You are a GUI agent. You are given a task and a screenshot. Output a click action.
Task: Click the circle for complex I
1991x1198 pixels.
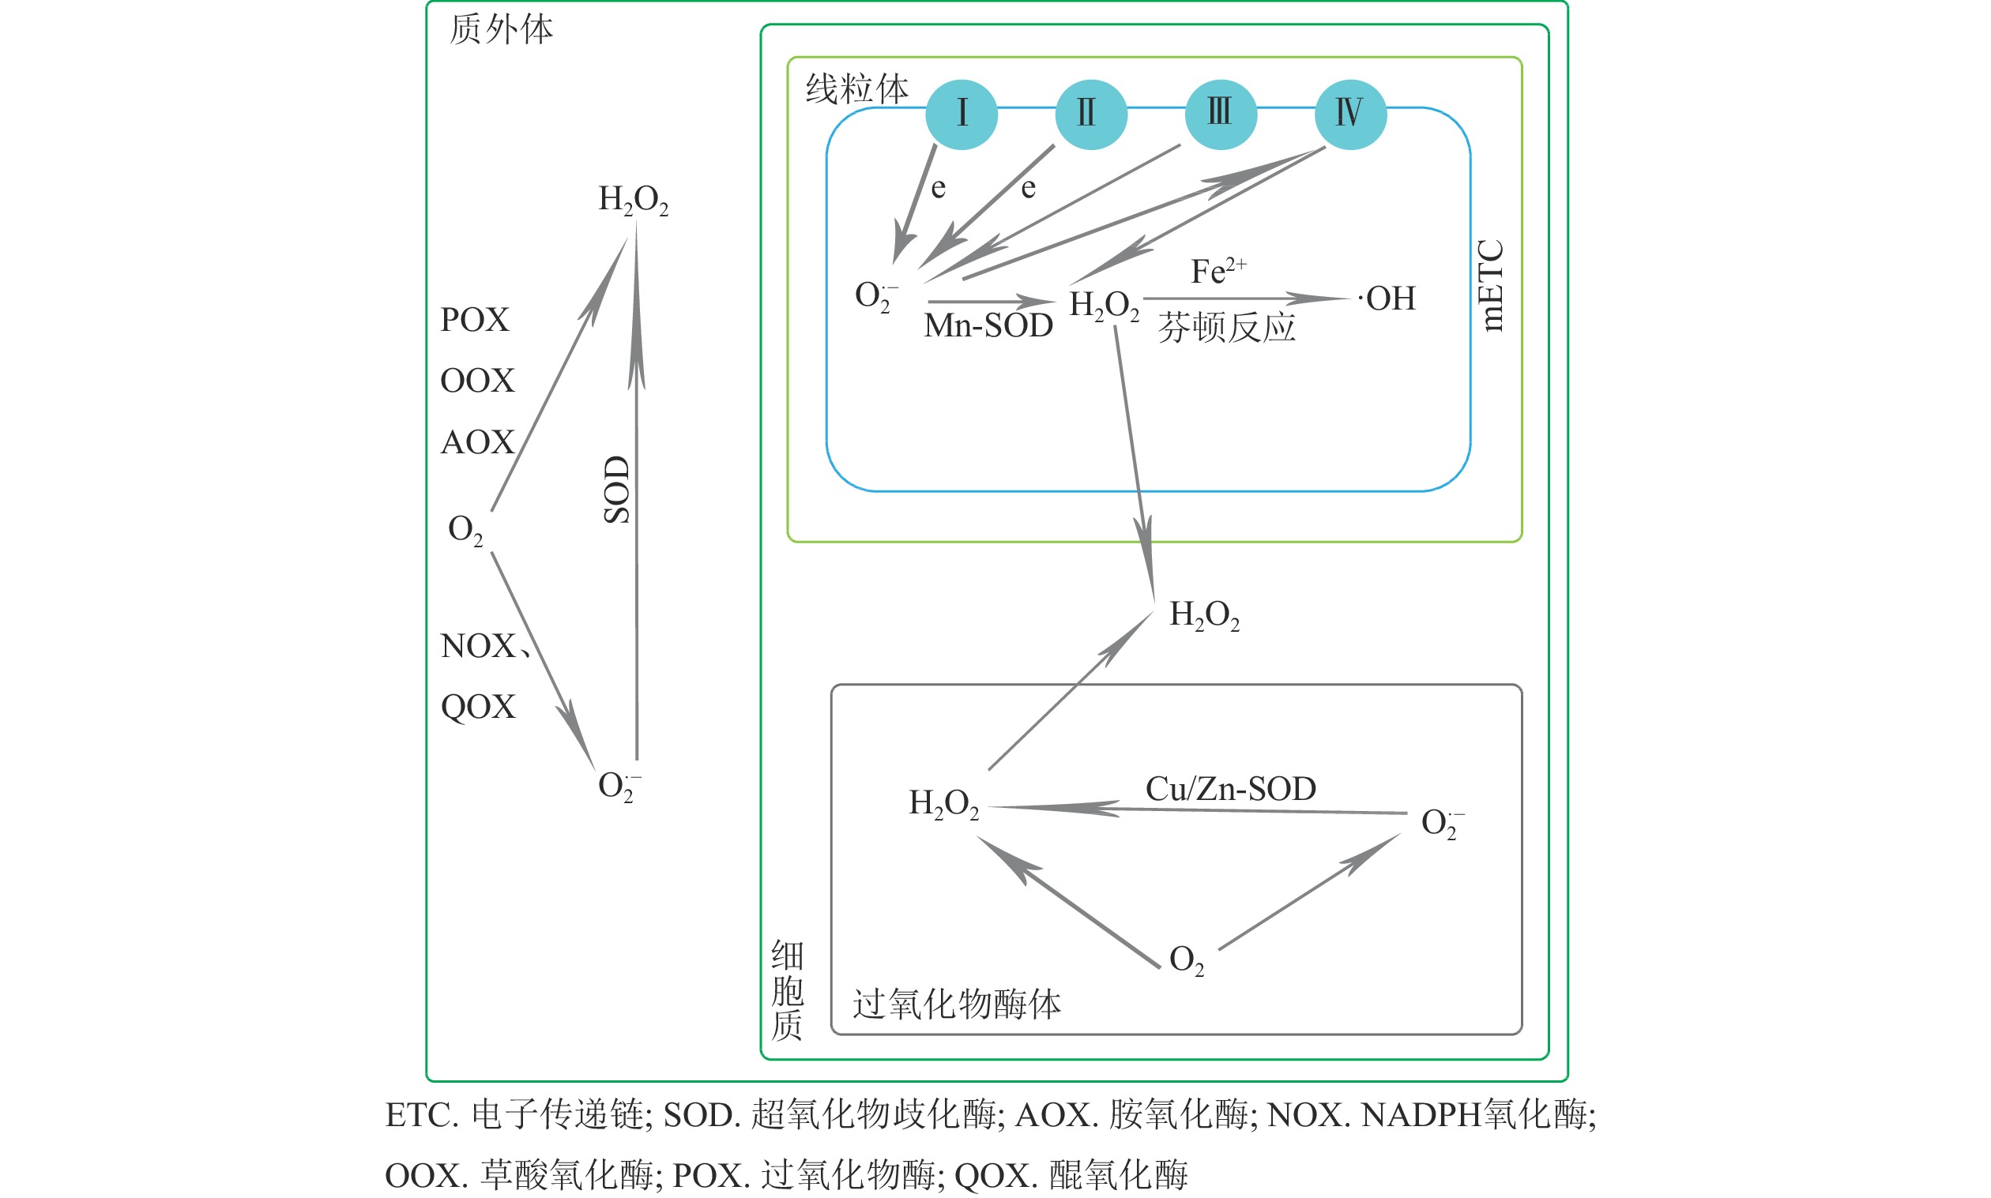coord(961,115)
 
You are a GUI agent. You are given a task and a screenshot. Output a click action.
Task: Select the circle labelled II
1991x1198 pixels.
coord(1091,115)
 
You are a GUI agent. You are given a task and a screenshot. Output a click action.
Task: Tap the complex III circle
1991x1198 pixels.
coord(1221,115)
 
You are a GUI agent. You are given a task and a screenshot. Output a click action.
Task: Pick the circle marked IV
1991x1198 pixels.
coord(1351,115)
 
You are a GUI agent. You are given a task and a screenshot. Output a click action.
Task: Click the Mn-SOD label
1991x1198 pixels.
coord(988,325)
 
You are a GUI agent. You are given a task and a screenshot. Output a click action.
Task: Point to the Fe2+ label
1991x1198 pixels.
coord(1218,270)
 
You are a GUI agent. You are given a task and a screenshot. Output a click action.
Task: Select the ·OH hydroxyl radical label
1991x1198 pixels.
coord(1387,299)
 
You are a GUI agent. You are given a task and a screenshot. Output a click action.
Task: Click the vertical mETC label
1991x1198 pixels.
coord(1490,285)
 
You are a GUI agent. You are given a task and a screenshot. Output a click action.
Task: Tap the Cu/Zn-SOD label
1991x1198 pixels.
coord(1230,789)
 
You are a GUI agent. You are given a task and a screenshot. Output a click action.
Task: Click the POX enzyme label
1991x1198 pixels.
coord(475,320)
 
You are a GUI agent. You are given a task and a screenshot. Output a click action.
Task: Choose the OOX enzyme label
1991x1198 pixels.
coord(477,381)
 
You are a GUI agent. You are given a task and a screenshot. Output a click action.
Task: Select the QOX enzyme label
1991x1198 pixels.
coord(478,707)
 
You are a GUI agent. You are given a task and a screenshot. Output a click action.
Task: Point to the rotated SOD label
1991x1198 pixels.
coord(617,489)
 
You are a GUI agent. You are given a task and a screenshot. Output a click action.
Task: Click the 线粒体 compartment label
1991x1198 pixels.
coord(856,88)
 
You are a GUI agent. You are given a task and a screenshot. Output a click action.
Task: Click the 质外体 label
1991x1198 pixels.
coord(501,30)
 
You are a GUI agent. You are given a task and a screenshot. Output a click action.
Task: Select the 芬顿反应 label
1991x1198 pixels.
coord(1226,328)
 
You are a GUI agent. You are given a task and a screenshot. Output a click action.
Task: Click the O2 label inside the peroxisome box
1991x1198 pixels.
coord(1186,960)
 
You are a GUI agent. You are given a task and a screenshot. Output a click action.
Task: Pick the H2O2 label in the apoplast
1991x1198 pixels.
coord(633,199)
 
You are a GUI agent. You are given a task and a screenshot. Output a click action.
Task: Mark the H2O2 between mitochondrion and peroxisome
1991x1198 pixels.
coord(1204,615)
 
